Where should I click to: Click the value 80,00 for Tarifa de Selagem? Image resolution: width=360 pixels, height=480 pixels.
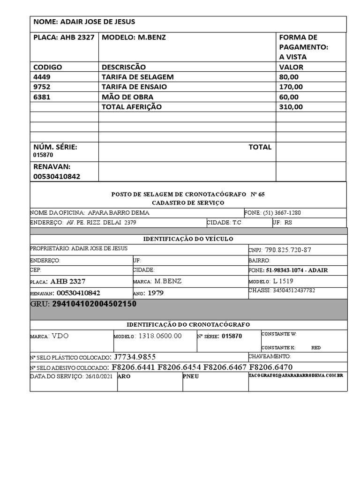[289, 77]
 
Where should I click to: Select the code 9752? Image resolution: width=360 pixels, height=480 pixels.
[42, 87]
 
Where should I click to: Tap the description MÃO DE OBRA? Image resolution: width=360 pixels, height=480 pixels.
[127, 97]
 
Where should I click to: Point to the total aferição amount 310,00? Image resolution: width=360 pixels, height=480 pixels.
[291, 107]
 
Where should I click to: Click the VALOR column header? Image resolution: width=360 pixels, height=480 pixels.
[291, 67]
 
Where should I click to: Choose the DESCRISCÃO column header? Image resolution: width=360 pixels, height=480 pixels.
[124, 67]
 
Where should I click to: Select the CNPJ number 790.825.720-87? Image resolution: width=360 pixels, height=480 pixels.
[288, 250]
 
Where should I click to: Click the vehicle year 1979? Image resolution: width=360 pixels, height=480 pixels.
[156, 293]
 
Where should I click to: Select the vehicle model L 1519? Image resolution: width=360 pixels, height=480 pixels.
[284, 281]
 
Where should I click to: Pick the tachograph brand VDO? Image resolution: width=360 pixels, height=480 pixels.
[63, 336]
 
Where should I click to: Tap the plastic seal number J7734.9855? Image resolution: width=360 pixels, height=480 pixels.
[135, 357]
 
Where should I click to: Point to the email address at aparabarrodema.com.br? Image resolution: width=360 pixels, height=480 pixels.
[296, 376]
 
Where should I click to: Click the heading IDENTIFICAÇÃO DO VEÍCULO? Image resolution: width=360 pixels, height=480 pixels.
[188, 239]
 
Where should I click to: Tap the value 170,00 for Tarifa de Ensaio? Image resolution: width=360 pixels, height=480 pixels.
[291, 87]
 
